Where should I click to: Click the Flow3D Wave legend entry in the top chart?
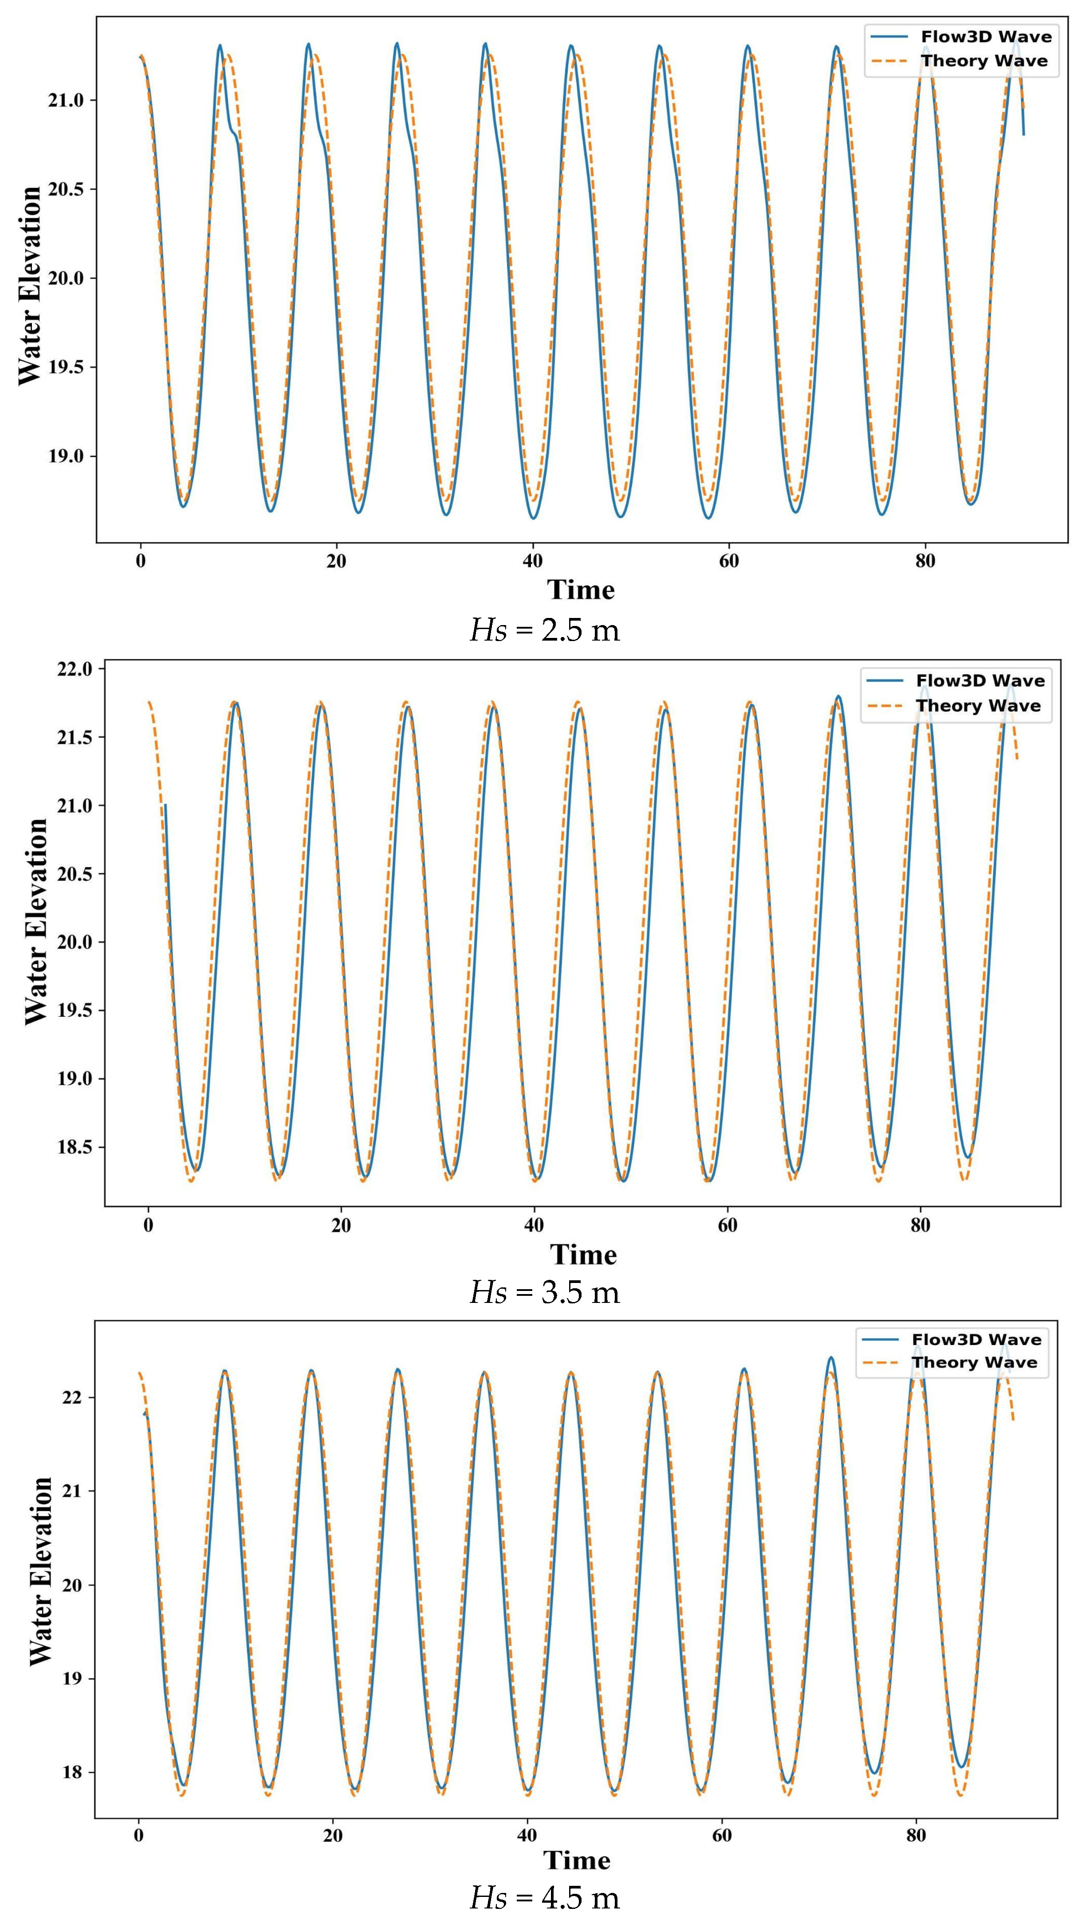[985, 36]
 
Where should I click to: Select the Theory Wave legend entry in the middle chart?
[978, 706]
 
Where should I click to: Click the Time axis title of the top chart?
[581, 590]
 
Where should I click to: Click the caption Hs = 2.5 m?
[544, 630]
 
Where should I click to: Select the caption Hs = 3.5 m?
[544, 1292]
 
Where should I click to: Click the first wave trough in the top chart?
[183, 506]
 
